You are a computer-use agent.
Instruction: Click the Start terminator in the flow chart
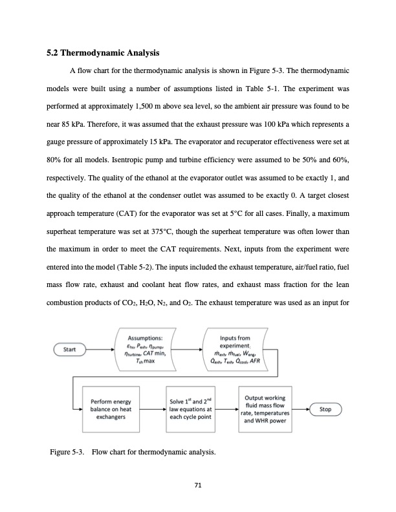pos(67,350)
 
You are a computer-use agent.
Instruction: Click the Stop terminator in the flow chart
pos(327,409)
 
